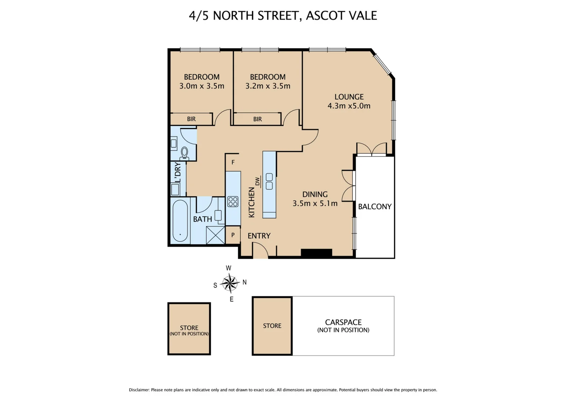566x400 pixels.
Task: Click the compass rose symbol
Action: [x=230, y=283]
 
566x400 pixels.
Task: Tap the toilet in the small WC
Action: [x=184, y=153]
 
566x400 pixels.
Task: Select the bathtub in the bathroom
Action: [x=180, y=221]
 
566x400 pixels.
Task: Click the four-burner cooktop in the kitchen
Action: [x=233, y=201]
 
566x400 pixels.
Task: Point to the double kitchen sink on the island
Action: [x=269, y=181]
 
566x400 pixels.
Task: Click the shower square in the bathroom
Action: [x=215, y=235]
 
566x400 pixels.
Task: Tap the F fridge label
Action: [x=233, y=162]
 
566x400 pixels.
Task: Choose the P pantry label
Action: [x=233, y=235]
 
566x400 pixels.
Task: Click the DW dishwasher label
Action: [x=257, y=181]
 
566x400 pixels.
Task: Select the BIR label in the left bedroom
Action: [x=191, y=119]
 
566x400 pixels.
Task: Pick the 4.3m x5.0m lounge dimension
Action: [x=349, y=106]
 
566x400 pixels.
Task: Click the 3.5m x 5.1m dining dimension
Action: [x=315, y=203]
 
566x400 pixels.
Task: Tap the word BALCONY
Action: [x=374, y=207]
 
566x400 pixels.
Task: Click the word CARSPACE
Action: [x=343, y=322]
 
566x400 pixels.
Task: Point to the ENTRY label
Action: [x=259, y=236]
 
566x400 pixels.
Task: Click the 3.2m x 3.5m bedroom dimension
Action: [x=267, y=86]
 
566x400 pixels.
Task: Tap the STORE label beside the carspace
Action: [x=272, y=326]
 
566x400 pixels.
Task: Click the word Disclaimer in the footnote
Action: [x=139, y=390]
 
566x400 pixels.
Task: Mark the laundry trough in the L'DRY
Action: [x=175, y=190]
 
